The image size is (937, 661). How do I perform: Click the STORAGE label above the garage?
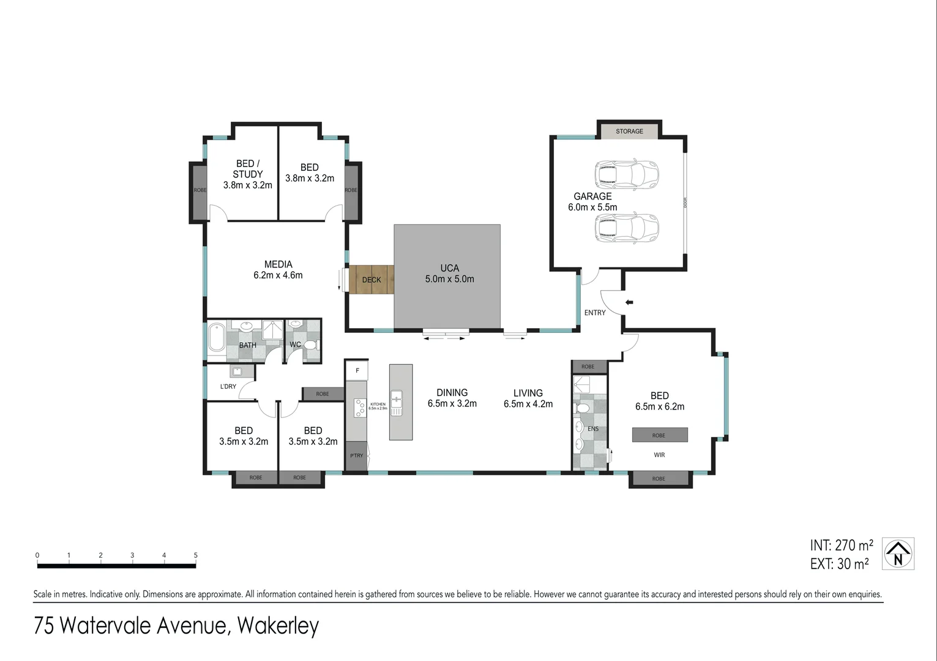[x=629, y=131]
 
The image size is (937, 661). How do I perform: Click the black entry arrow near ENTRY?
[x=629, y=302]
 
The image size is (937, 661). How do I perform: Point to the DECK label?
[x=371, y=280]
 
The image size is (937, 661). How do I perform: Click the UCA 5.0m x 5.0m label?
[x=449, y=274]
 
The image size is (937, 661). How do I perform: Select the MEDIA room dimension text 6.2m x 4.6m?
[x=278, y=275]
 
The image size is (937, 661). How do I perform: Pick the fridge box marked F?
[x=357, y=370]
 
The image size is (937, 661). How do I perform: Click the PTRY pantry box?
[x=356, y=455]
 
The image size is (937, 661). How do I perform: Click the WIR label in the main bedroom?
[x=659, y=455]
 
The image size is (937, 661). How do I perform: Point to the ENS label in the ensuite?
[x=593, y=429]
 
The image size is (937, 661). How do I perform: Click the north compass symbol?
[x=898, y=554]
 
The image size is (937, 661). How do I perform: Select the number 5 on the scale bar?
[x=196, y=555]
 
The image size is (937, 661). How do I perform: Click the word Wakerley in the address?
[x=278, y=626]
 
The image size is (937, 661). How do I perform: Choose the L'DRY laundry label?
[x=228, y=386]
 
